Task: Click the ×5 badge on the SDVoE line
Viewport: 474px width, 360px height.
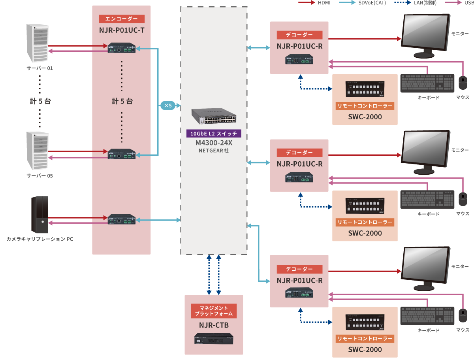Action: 167,106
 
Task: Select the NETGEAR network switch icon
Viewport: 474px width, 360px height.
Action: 214,116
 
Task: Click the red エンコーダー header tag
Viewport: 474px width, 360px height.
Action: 122,19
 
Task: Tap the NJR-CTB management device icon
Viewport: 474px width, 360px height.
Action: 214,339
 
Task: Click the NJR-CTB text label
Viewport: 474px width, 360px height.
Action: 214,325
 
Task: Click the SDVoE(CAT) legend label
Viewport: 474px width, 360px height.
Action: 371,3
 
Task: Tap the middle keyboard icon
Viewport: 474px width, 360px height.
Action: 428,200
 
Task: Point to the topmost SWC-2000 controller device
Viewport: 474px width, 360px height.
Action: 365,89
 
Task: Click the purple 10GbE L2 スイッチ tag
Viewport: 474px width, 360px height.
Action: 214,133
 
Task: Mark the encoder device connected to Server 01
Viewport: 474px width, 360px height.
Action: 122,49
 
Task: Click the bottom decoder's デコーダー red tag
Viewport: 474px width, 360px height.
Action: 299,269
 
